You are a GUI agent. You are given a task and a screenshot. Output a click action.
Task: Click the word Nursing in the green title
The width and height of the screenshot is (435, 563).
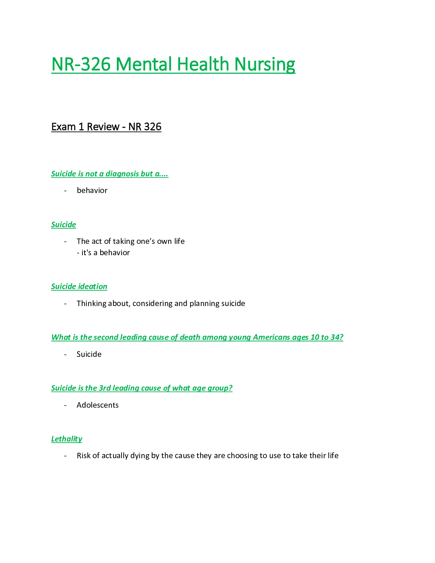264,65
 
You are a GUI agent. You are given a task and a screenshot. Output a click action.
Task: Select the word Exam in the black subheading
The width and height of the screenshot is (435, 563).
64,127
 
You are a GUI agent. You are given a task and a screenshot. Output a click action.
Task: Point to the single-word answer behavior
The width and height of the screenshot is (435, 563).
92,191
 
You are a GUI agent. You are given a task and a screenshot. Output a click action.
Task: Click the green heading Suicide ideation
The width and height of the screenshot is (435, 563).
79,286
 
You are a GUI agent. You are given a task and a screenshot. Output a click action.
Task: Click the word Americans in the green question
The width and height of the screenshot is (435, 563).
272,337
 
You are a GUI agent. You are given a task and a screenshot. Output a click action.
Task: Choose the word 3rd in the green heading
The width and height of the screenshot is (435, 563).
105,388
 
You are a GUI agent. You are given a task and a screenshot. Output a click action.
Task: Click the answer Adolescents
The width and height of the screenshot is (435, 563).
97,405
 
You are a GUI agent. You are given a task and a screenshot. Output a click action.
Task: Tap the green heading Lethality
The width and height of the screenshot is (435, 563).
66,439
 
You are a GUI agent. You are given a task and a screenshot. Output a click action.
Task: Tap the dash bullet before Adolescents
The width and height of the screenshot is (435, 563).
65,405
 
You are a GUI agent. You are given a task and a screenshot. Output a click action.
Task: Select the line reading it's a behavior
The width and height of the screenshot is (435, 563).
103,253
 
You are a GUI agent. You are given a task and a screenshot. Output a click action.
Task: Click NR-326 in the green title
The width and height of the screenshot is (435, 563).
81,64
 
